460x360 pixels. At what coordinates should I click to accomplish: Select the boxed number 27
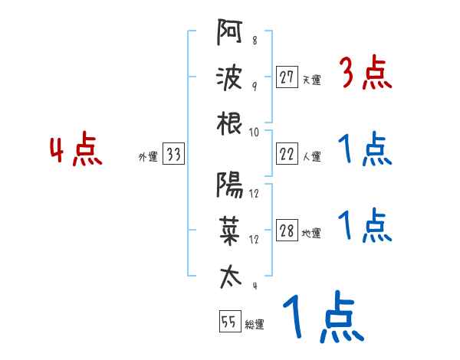(287, 77)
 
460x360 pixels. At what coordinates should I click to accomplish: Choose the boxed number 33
(173, 155)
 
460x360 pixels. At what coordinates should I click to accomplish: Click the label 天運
(311, 80)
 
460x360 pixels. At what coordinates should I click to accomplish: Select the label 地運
(311, 234)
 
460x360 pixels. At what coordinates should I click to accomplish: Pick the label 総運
(254, 324)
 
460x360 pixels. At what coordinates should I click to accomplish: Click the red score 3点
(365, 75)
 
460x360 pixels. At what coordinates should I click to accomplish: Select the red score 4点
(77, 151)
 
